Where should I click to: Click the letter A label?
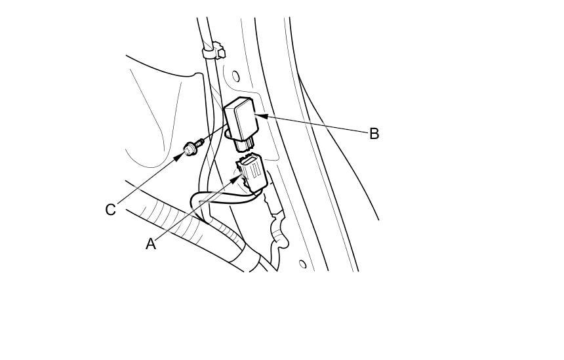(x=151, y=244)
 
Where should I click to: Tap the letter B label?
(x=374, y=134)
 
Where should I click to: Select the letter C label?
(x=110, y=210)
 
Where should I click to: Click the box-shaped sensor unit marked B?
(x=243, y=118)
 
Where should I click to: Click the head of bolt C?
(x=189, y=150)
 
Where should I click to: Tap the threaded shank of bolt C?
(x=198, y=142)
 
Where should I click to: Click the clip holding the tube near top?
(x=212, y=50)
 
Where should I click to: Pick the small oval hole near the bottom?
(x=302, y=264)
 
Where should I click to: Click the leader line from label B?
(x=315, y=125)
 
